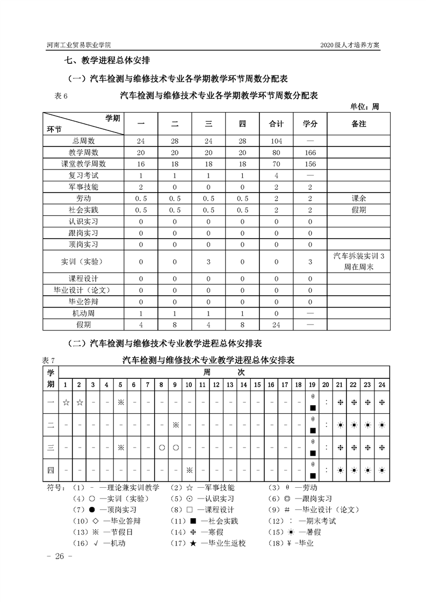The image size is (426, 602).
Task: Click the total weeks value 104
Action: [276, 141]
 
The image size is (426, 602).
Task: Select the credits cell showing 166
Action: [310, 153]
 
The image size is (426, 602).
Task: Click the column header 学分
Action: [310, 124]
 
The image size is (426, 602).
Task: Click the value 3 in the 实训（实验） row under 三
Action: [208, 262]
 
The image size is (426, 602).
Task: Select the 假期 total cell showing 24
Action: [276, 325]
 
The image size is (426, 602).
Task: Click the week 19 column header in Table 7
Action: [312, 384]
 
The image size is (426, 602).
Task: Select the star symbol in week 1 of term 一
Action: [66, 402]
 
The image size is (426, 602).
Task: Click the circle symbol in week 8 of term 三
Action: [161, 447]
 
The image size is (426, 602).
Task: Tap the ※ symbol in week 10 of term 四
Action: [189, 470]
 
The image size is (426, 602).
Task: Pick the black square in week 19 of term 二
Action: [312, 430]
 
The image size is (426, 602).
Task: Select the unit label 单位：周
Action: [364, 106]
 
